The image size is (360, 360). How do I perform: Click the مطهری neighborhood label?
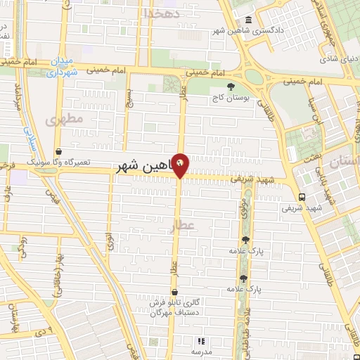(x=64, y=120)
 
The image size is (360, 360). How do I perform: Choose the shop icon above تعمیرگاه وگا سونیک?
(x=58, y=151)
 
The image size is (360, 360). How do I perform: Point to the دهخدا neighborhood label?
(x=162, y=13)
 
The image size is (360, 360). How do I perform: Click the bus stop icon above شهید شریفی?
(x=302, y=197)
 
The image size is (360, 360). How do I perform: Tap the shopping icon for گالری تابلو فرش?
(x=174, y=292)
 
